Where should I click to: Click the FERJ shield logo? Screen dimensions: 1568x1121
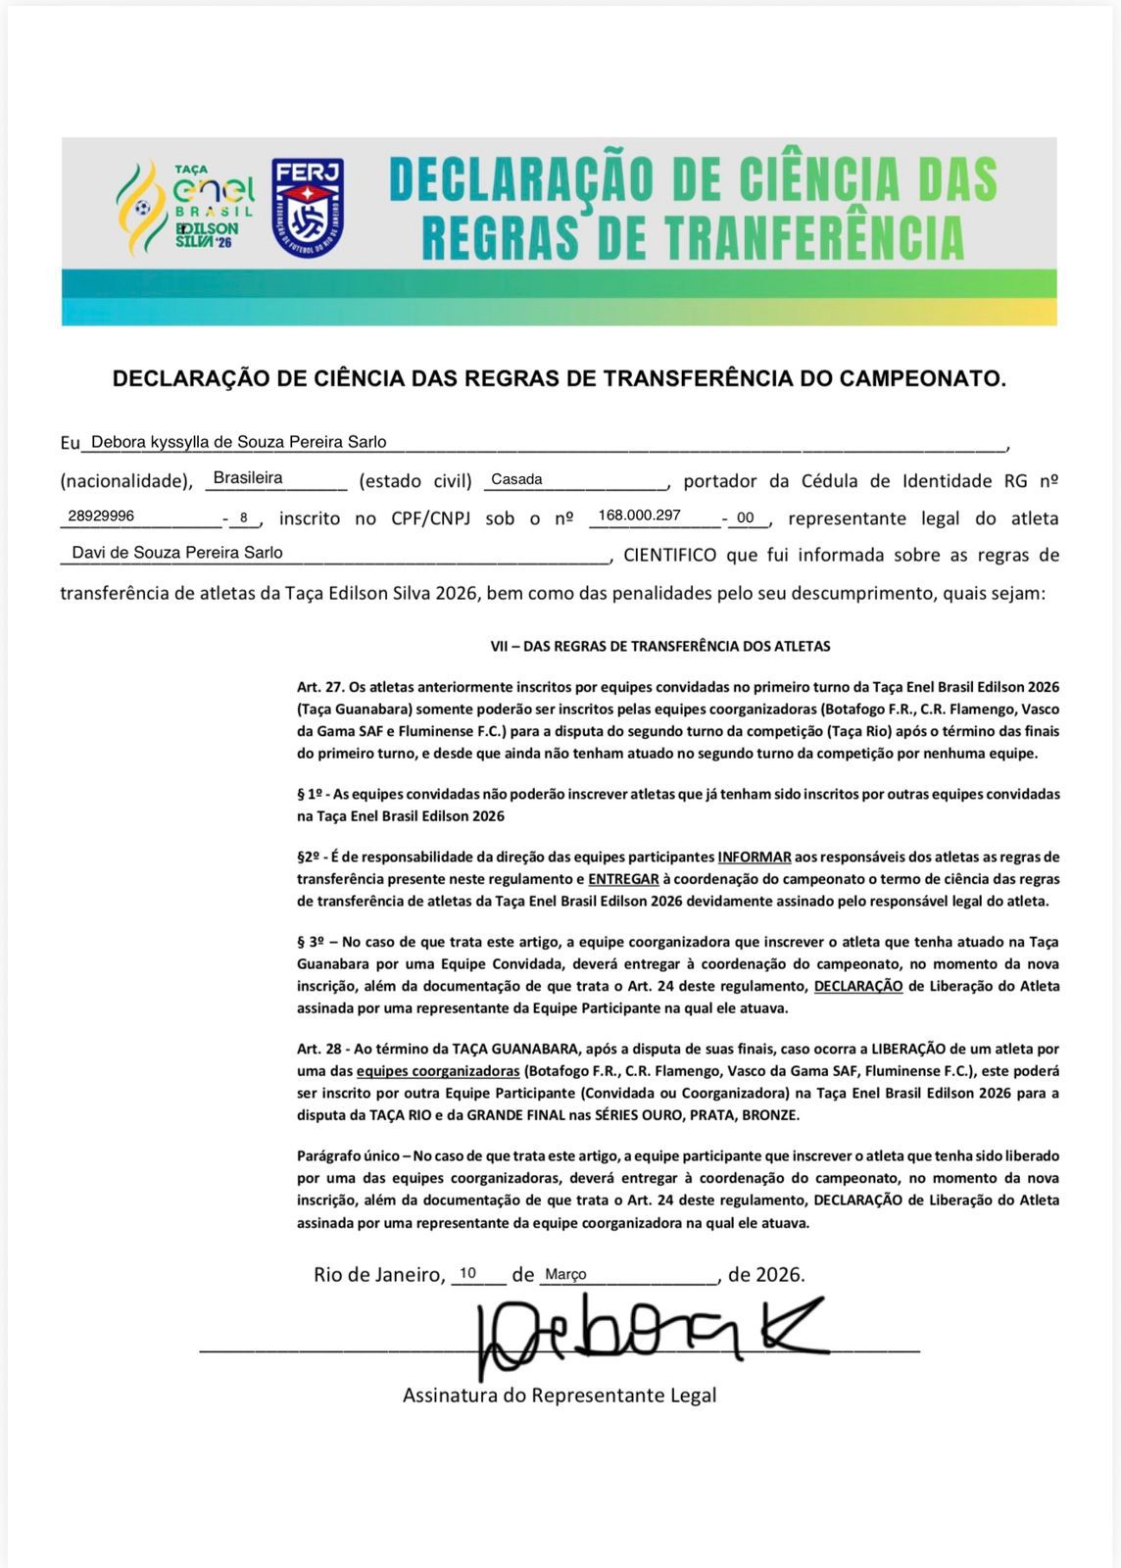tap(308, 208)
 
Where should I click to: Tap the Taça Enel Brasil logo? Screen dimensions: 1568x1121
tap(186, 206)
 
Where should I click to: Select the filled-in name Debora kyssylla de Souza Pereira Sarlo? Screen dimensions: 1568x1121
tap(238, 442)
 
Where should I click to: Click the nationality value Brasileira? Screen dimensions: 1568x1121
tap(248, 478)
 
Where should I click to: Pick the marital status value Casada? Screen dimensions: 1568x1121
tap(516, 479)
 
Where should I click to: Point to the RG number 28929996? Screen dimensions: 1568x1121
tap(101, 515)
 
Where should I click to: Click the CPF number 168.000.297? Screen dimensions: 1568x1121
tap(639, 515)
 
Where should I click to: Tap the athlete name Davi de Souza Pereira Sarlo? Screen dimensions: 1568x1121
tap(177, 553)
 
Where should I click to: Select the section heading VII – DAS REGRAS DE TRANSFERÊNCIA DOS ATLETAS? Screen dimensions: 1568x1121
tap(659, 647)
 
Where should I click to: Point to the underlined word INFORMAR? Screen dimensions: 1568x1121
tap(754, 857)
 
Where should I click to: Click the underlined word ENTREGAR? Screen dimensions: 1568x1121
tap(623, 879)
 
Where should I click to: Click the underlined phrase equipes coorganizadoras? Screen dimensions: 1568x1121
tap(438, 1071)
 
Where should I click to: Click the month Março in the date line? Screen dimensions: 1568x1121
tap(565, 1274)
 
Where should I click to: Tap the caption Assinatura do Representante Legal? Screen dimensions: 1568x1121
tap(559, 1396)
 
